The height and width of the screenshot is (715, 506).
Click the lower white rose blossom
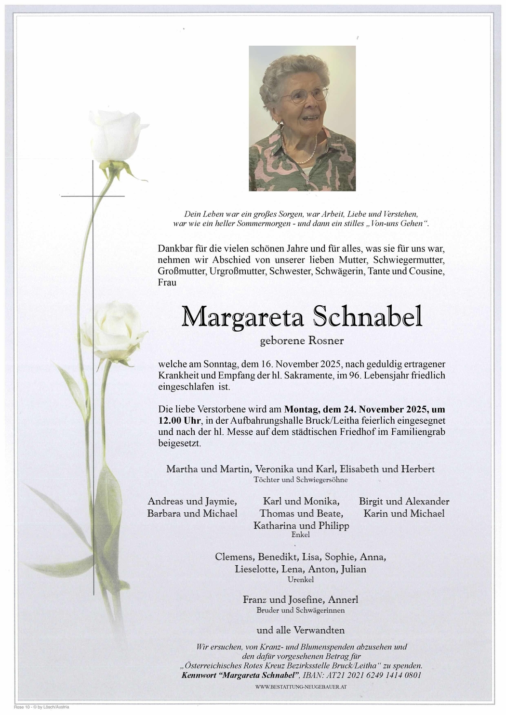click(116, 331)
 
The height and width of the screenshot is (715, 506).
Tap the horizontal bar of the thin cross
click(93, 196)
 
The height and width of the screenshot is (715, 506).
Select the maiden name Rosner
click(326, 341)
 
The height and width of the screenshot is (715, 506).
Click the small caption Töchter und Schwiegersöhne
click(301, 480)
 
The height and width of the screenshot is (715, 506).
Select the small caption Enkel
click(301, 534)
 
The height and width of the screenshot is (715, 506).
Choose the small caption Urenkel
click(301, 580)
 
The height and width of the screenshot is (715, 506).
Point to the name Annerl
click(343, 599)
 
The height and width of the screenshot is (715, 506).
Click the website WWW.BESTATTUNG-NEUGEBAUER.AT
click(301, 686)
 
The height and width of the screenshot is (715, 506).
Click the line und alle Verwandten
click(301, 630)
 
